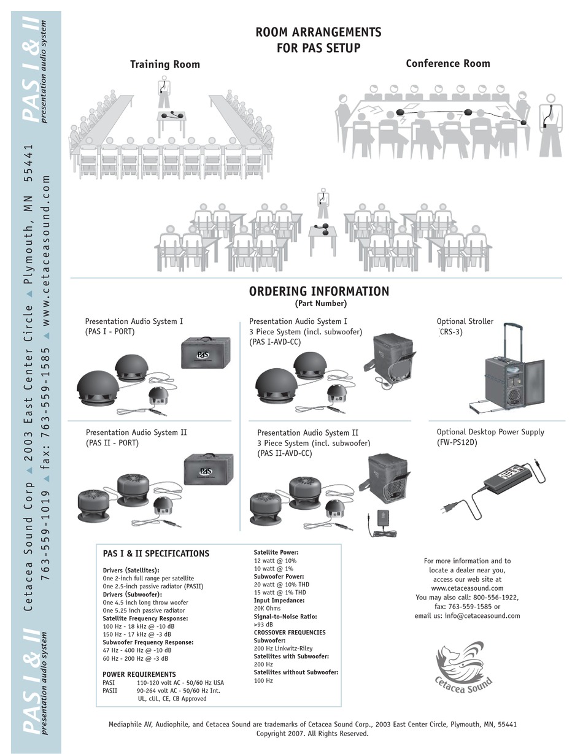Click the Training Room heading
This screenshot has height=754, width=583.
coord(164,64)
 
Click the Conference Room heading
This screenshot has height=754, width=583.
coord(447,63)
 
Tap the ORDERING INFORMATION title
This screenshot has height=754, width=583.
coord(319,291)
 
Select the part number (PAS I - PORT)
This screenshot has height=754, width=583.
coord(110,332)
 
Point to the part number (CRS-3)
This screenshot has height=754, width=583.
coord(450,332)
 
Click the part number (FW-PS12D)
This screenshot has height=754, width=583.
coord(457,442)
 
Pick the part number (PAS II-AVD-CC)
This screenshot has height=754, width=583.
coord(284,453)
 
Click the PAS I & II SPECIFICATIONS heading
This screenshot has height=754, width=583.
coord(156,553)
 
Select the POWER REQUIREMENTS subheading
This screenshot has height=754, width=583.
coord(139,674)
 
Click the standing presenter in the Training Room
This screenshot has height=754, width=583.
coord(163,92)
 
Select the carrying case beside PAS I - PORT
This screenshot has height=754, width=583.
coord(206,353)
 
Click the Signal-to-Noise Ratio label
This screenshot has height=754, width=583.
coord(285,617)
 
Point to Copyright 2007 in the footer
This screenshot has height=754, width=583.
coord(312,733)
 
